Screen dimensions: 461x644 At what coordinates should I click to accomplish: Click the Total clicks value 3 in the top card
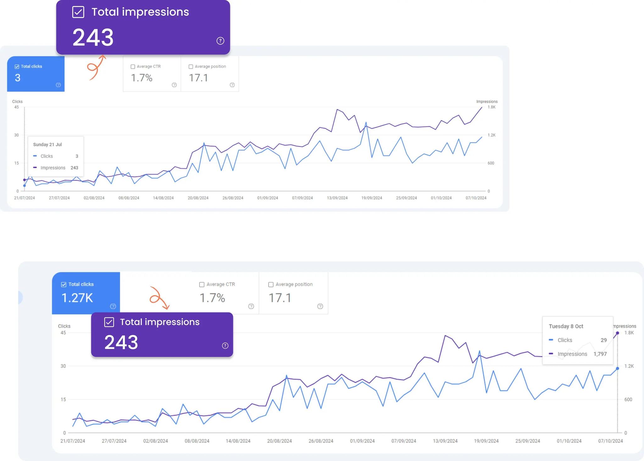(x=18, y=78)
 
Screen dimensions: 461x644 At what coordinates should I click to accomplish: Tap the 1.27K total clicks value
(x=77, y=298)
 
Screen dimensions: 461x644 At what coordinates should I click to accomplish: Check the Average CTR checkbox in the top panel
(x=133, y=67)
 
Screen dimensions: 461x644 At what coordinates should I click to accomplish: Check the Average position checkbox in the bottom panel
(x=271, y=284)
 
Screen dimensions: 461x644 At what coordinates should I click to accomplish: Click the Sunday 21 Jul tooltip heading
(x=47, y=144)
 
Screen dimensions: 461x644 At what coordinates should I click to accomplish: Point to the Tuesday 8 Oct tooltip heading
(x=566, y=326)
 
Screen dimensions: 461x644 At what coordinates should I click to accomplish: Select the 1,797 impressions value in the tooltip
(x=600, y=354)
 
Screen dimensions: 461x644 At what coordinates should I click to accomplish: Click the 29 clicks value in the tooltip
(x=603, y=340)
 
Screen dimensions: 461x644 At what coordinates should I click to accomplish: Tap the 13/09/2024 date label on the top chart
(x=337, y=198)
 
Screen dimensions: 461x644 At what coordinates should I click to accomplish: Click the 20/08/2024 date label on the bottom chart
(x=279, y=441)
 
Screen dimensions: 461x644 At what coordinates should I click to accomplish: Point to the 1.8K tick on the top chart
(x=491, y=107)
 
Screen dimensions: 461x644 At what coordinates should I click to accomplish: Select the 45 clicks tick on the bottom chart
(x=63, y=333)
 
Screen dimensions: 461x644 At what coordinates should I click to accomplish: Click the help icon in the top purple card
(x=220, y=41)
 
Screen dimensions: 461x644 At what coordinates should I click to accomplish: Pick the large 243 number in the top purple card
(x=93, y=37)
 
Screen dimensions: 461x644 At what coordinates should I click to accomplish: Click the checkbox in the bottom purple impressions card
(x=109, y=322)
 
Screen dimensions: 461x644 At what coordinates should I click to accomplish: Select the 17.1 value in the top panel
(x=198, y=78)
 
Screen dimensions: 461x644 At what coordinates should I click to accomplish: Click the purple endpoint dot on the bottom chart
(x=618, y=333)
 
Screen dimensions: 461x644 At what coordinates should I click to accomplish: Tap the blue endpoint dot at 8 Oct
(x=618, y=368)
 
